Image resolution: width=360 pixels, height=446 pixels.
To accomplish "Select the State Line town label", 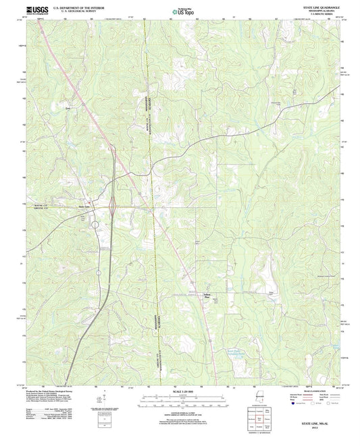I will [x=85, y=206].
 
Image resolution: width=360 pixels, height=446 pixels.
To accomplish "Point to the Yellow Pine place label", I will [x=207, y=296].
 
